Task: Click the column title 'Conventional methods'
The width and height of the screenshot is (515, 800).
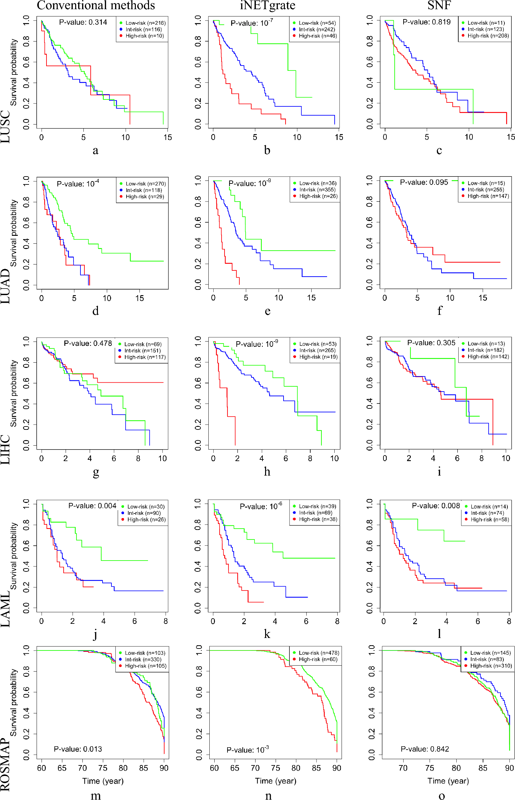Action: (x=96, y=5)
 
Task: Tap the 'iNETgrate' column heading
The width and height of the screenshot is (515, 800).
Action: (x=267, y=5)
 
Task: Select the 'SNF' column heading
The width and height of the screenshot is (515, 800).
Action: (x=439, y=5)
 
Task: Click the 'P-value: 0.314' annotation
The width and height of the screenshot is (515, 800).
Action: (x=83, y=22)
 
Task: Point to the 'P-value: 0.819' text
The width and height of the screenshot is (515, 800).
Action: (x=426, y=22)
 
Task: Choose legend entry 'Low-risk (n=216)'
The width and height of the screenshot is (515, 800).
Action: (x=145, y=23)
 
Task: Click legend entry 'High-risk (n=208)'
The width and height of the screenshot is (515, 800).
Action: (x=488, y=36)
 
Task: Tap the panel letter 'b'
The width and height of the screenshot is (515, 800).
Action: (x=267, y=150)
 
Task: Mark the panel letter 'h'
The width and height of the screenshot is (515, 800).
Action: (x=267, y=472)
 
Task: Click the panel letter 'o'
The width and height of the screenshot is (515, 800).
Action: (x=441, y=796)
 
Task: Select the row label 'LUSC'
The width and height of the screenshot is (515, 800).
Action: (x=6, y=127)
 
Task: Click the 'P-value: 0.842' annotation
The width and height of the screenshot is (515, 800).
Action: (x=425, y=749)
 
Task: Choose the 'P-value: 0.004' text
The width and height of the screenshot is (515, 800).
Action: (x=92, y=506)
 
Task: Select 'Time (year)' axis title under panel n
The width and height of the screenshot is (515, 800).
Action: (x=276, y=781)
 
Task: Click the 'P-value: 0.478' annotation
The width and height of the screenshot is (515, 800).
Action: (x=88, y=344)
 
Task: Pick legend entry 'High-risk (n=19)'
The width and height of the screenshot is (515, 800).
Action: (x=318, y=357)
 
